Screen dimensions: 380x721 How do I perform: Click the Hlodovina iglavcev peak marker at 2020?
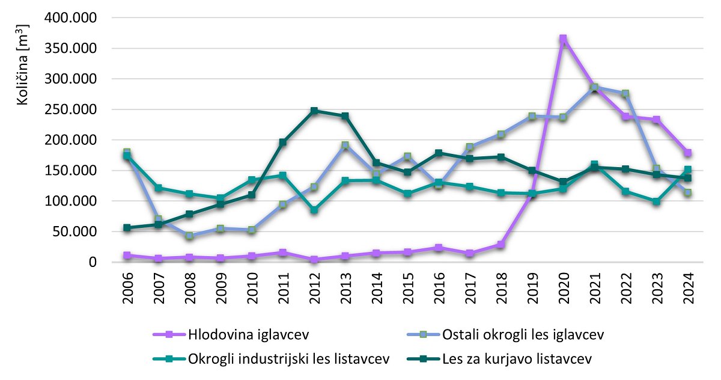563,39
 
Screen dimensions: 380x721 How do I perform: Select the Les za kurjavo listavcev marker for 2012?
314,111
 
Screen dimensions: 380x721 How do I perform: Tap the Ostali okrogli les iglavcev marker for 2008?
189,236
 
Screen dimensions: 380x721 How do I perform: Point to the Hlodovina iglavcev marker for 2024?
687,153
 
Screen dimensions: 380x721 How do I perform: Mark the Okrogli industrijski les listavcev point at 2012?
314,210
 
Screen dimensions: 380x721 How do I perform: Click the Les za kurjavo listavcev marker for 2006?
127,228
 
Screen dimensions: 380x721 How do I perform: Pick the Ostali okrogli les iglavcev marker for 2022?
625,94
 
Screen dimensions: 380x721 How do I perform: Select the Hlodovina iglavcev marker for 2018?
500,245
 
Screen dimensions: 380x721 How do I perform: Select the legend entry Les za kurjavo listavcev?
516,359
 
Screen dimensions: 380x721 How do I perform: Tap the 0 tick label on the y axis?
91,262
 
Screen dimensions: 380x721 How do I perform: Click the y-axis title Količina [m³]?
23,64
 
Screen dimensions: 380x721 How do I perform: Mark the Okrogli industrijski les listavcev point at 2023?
656,201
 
